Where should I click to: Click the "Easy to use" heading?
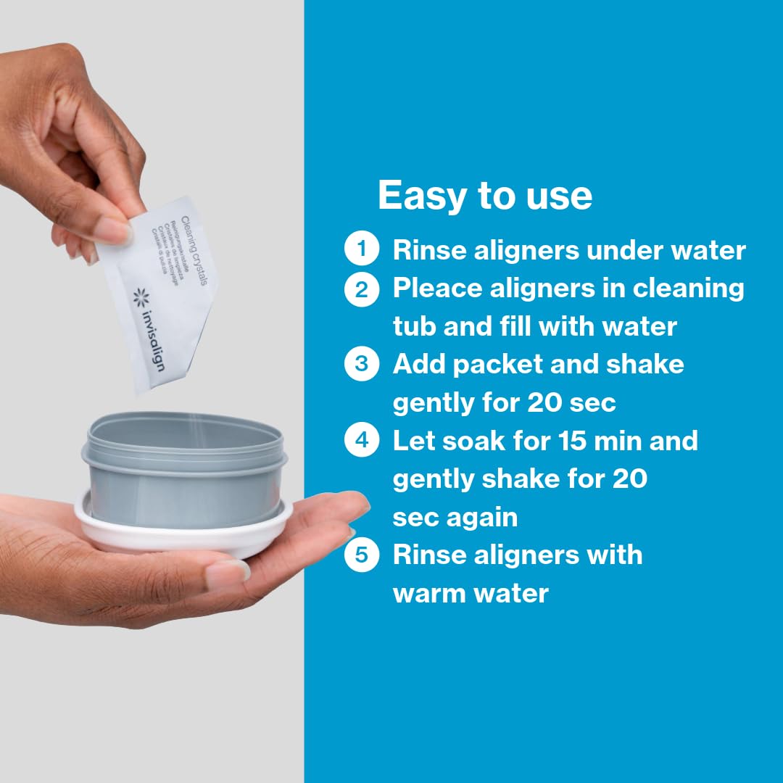pos(484,195)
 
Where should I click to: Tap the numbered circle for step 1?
pos(361,250)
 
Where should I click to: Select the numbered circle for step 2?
pos(361,289)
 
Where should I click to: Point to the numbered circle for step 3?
pos(361,364)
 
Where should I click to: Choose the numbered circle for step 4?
pos(361,441)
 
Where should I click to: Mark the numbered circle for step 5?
pos(361,555)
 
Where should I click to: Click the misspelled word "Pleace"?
pos(438,289)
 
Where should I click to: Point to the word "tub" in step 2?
pos(414,326)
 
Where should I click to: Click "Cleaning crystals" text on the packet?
pos(194,251)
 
